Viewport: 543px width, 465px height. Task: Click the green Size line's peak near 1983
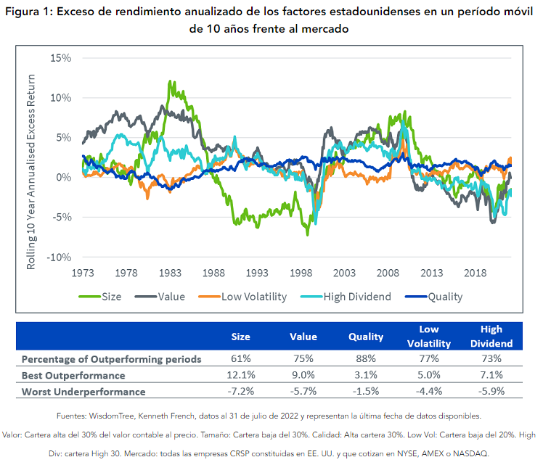tap(170, 81)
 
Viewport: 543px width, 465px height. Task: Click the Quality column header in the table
tap(367, 337)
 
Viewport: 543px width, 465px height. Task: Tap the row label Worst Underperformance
tap(83, 392)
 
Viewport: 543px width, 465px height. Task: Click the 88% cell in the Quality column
tap(367, 359)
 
